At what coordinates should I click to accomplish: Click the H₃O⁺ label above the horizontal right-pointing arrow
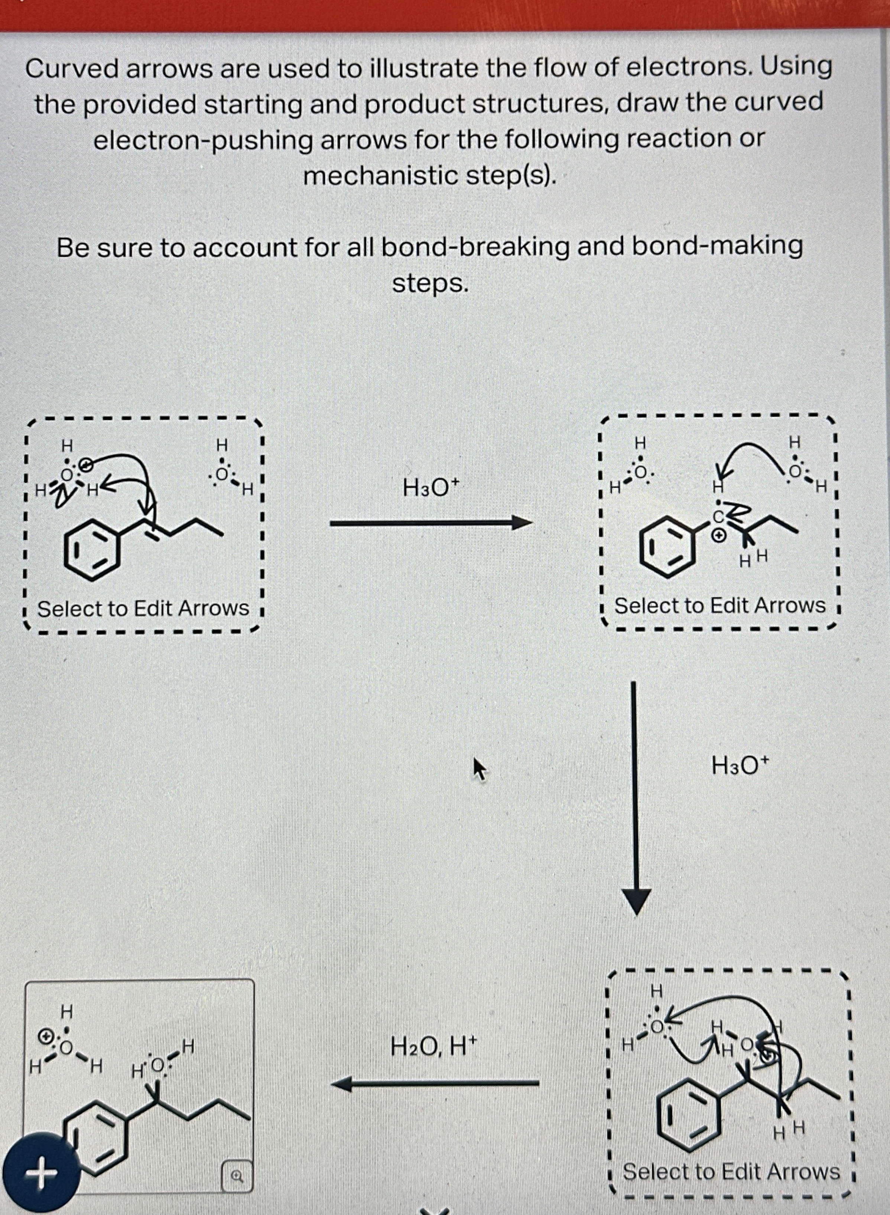click(430, 488)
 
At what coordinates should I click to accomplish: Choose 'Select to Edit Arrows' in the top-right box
click(720, 605)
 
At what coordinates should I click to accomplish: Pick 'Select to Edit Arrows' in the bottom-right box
click(731, 1172)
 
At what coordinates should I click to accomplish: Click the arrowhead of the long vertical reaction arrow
click(636, 902)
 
